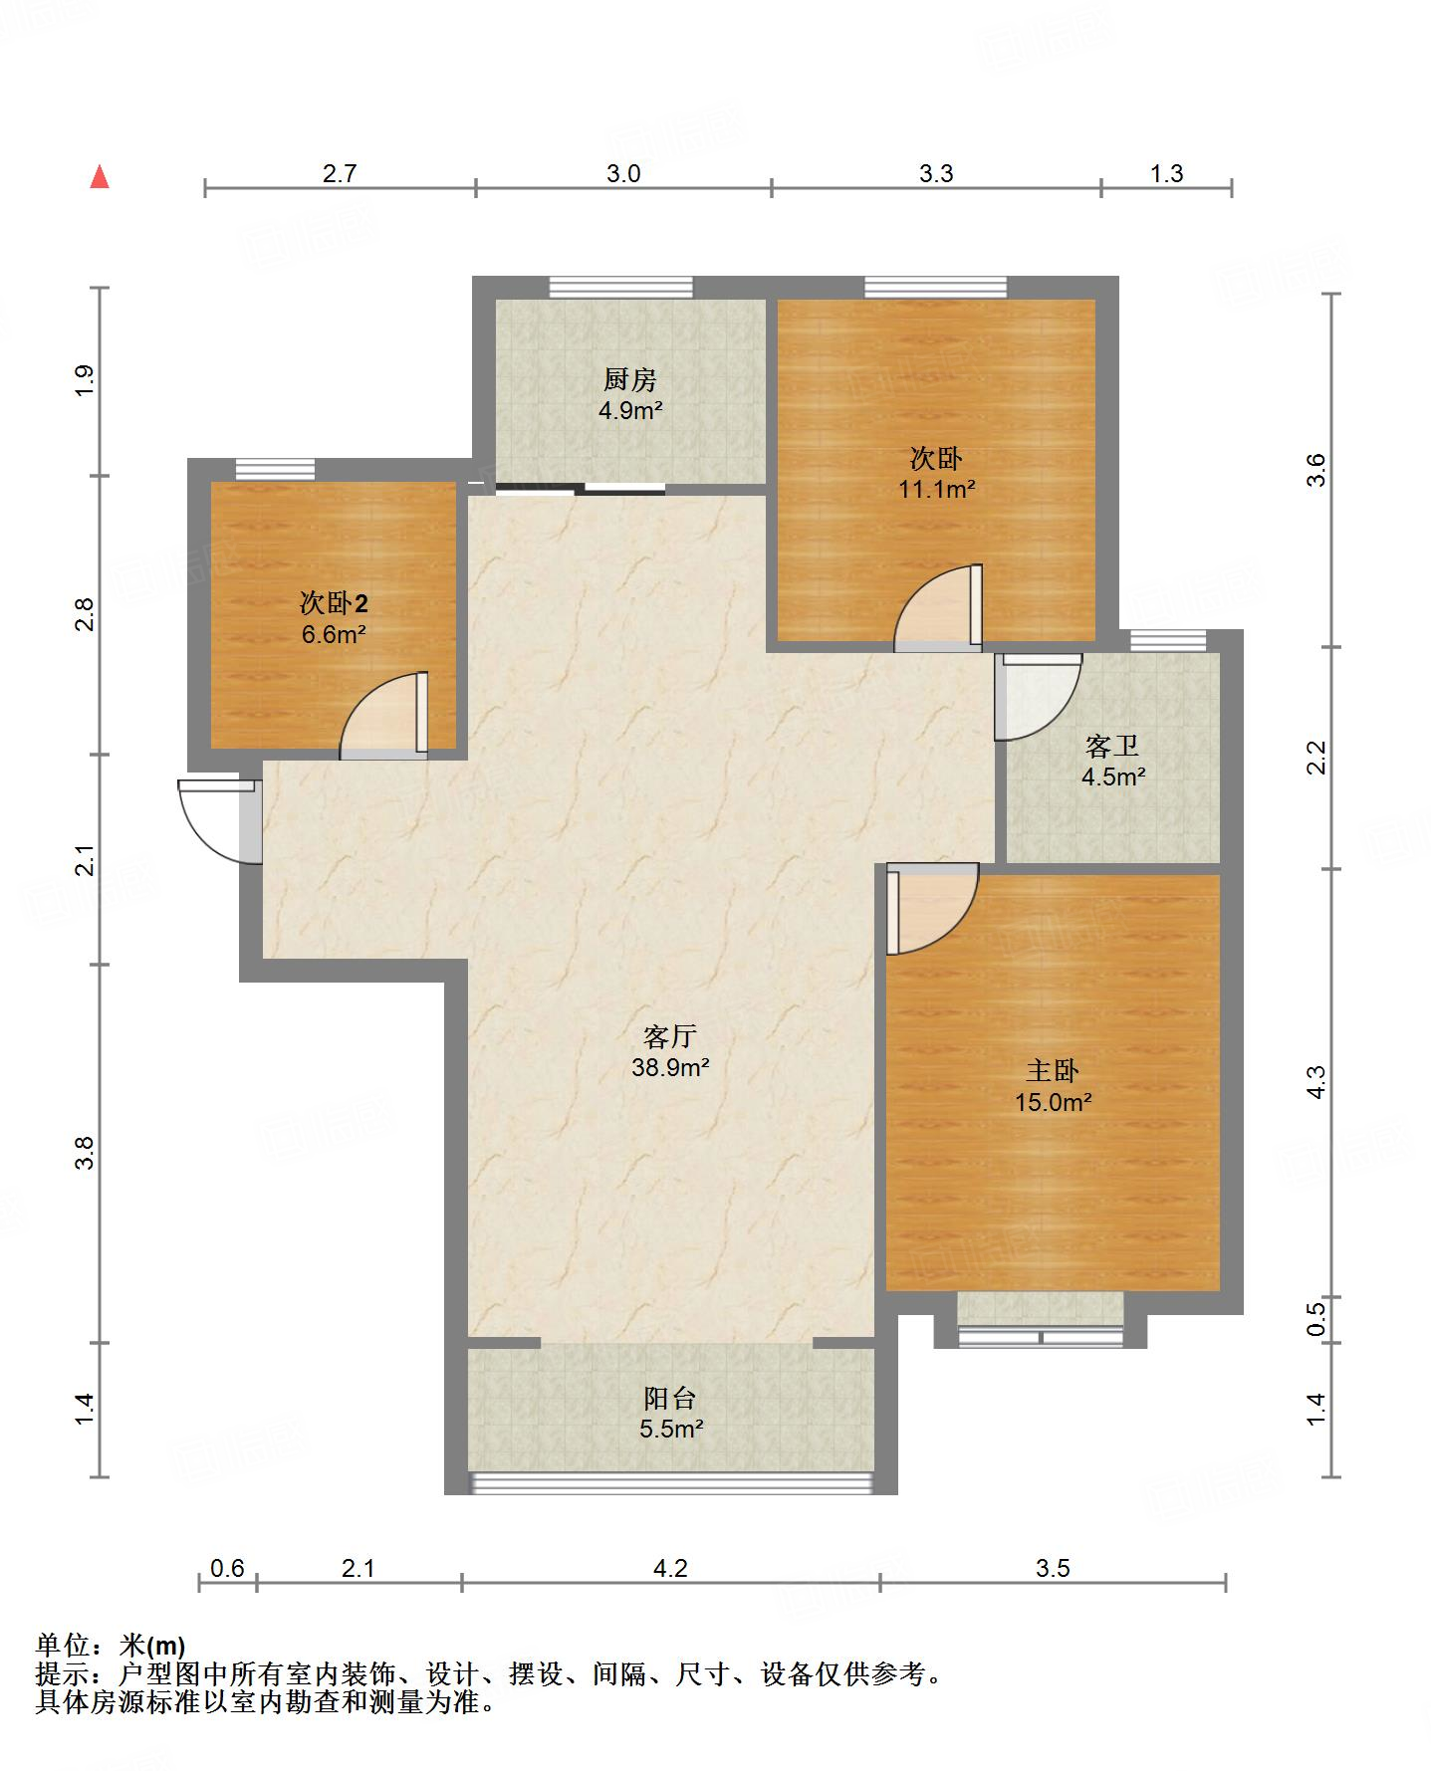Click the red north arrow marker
pyautogui.click(x=99, y=177)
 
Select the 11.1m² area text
pyautogui.click(x=936, y=489)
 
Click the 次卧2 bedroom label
pyautogui.click(x=334, y=603)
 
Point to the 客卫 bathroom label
pyautogui.click(x=1112, y=745)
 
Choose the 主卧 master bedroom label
pyautogui.click(x=1053, y=1071)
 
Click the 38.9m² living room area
pyautogui.click(x=670, y=1068)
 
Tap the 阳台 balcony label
pyautogui.click(x=669, y=1398)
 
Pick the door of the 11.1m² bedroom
pyautogui.click(x=939, y=608)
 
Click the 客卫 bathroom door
pyautogui.click(x=1039, y=697)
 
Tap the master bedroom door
pyautogui.click(x=932, y=910)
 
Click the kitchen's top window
pyautogui.click(x=621, y=287)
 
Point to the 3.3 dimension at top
pyautogui.click(x=936, y=174)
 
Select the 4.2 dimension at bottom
pyautogui.click(x=670, y=1569)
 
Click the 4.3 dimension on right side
pyautogui.click(x=1315, y=1082)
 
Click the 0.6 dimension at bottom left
pyautogui.click(x=227, y=1569)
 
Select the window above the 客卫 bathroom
pyautogui.click(x=1169, y=640)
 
